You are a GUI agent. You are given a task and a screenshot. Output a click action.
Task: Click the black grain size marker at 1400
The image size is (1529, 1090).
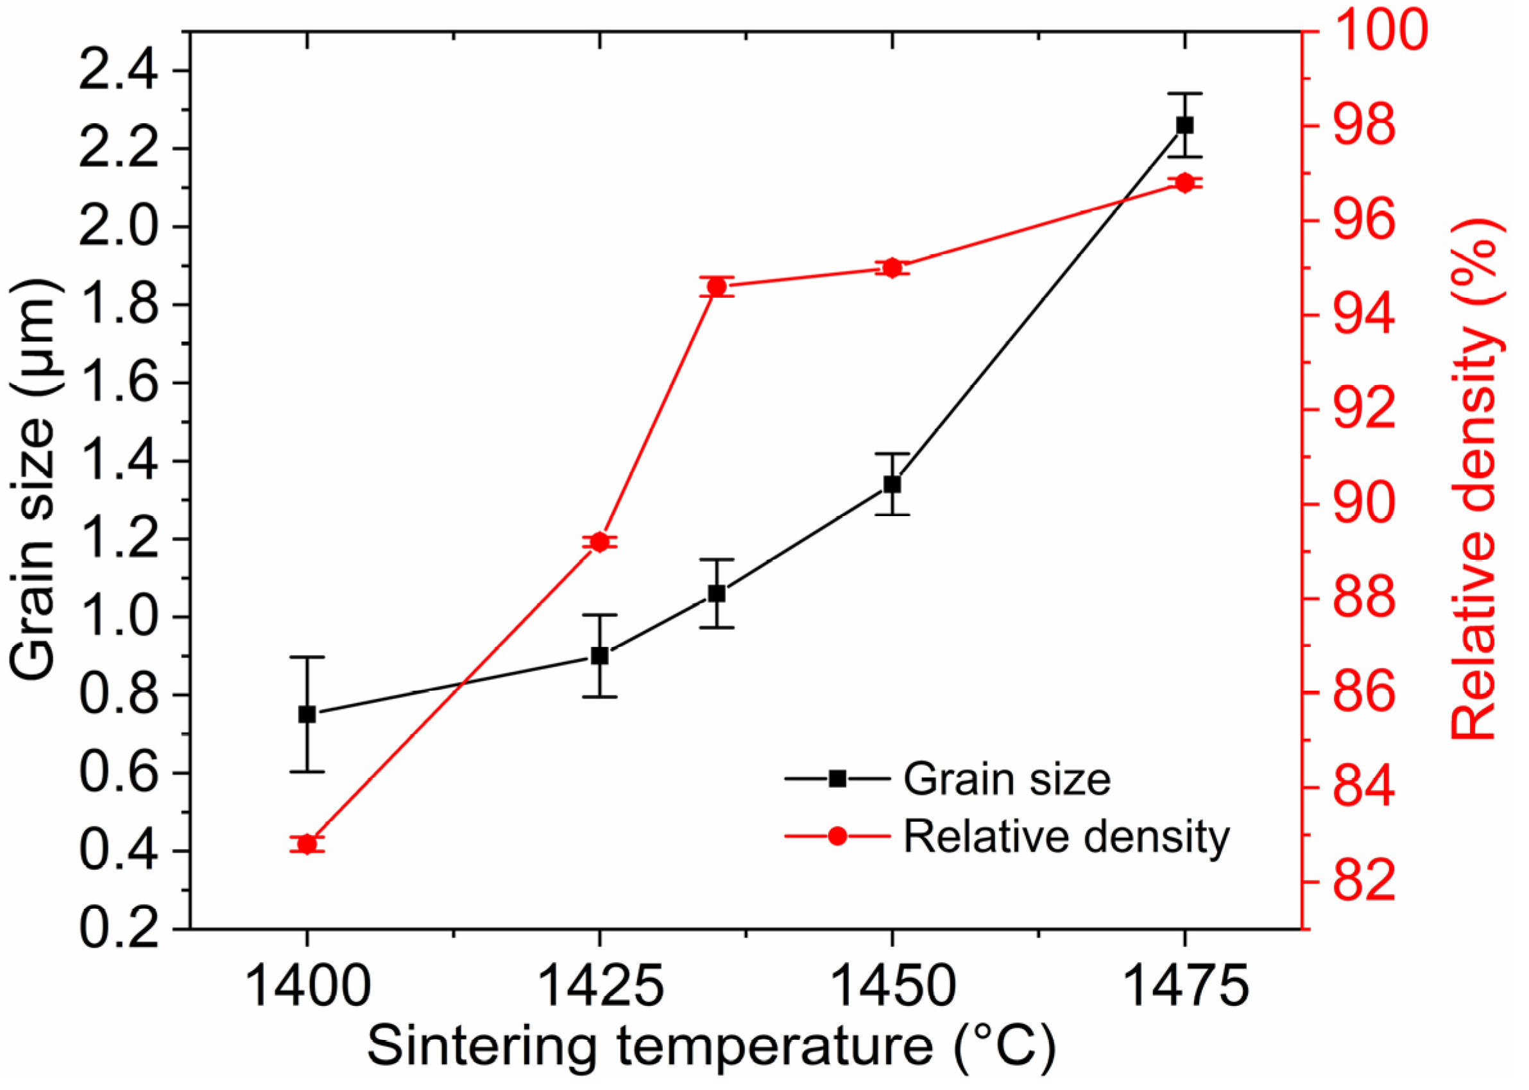pyautogui.click(x=307, y=714)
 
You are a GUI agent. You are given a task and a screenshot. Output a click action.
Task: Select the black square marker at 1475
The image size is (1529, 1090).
pyautogui.click(x=1185, y=125)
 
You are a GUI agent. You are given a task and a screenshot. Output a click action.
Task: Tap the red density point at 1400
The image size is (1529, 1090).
pyautogui.click(x=307, y=844)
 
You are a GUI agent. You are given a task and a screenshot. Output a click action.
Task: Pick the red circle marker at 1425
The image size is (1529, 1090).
pyautogui.click(x=599, y=542)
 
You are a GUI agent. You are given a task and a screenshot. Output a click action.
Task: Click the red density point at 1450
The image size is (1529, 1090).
pyautogui.click(x=892, y=268)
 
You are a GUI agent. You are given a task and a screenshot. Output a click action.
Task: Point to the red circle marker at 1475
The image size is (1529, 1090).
pyautogui.click(x=1185, y=182)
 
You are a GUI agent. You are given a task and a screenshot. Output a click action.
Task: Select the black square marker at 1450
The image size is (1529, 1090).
pyautogui.click(x=892, y=484)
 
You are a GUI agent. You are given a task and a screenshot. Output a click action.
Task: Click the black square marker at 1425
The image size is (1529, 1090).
pyautogui.click(x=599, y=656)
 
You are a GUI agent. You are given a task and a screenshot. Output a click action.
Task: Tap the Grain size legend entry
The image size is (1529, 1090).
pyautogui.click(x=1006, y=779)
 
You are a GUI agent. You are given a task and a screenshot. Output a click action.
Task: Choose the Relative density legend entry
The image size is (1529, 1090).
pyautogui.click(x=1066, y=836)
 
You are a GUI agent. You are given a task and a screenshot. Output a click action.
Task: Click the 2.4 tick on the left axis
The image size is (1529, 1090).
pyautogui.click(x=119, y=71)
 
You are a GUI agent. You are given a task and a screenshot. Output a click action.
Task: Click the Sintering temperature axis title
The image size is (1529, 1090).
pyautogui.click(x=711, y=1048)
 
